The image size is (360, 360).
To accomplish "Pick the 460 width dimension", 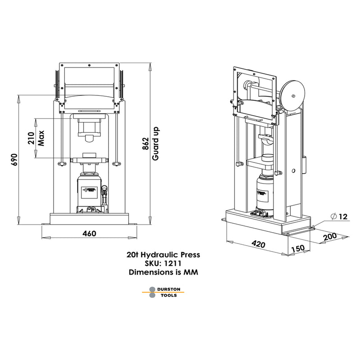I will pyautogui.click(x=90, y=234).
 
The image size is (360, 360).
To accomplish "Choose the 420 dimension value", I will pyautogui.click(x=258, y=244).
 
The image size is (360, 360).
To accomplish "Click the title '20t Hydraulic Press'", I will pyautogui.click(x=163, y=254).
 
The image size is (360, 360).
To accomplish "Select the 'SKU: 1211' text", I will pyautogui.click(x=163, y=263).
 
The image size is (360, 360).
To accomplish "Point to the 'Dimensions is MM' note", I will pyautogui.click(x=163, y=272).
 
